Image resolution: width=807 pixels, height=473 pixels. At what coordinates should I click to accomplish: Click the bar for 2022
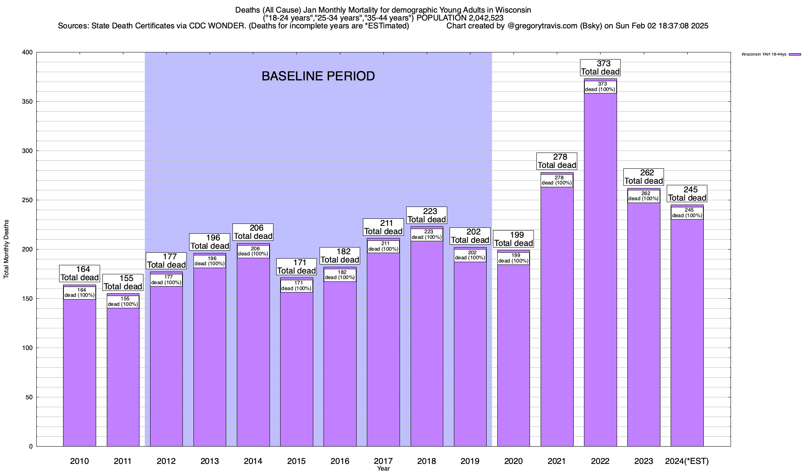click(x=600, y=276)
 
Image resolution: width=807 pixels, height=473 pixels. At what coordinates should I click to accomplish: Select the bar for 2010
click(x=80, y=374)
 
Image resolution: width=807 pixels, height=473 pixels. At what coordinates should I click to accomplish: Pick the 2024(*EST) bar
click(x=687, y=335)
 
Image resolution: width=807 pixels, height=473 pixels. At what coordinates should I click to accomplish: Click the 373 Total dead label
click(x=601, y=68)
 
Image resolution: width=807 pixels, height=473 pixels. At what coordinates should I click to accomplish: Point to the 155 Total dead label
click(x=123, y=283)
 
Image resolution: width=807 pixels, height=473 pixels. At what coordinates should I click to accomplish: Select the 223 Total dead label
click(x=427, y=216)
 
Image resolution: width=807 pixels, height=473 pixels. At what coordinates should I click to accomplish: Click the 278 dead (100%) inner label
click(x=557, y=181)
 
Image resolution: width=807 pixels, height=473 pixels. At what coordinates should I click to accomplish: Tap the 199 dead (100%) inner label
click(x=513, y=258)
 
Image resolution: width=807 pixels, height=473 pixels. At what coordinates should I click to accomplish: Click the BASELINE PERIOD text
click(x=318, y=76)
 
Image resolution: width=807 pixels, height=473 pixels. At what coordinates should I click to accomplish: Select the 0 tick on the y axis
click(x=31, y=447)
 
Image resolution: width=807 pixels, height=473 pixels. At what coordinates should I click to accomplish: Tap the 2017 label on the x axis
click(x=383, y=461)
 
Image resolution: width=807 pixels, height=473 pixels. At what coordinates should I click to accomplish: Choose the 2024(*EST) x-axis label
click(x=686, y=461)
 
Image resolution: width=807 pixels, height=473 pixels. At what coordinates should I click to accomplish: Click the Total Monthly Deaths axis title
click(x=6, y=249)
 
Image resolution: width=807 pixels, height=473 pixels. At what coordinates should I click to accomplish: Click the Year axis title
click(x=383, y=469)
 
